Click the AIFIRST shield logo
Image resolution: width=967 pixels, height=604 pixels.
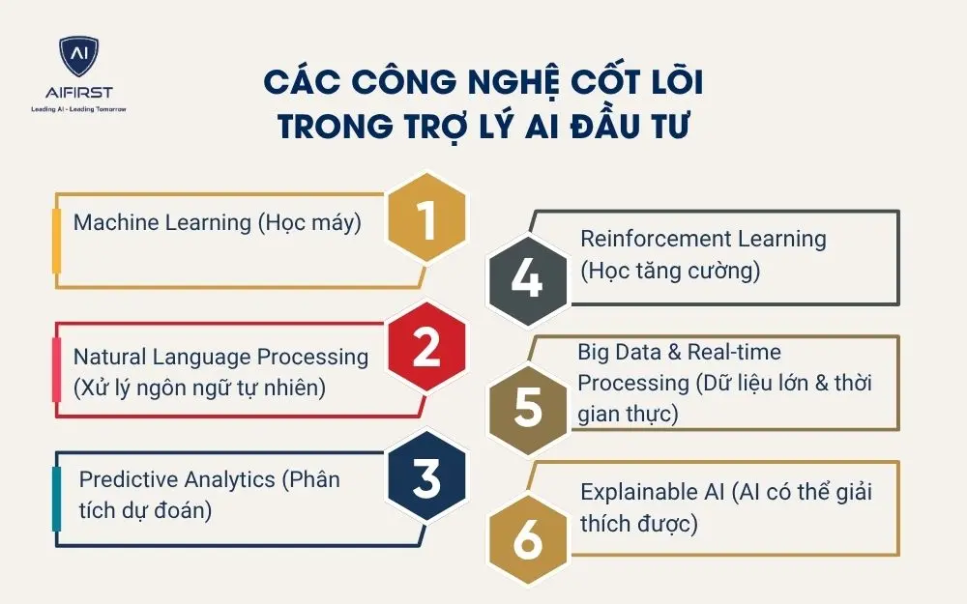pos(78,59)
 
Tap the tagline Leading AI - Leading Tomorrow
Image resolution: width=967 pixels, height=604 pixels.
pos(78,110)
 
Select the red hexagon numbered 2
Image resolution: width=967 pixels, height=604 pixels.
pos(425,348)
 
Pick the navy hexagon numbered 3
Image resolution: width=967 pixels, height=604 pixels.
pos(425,478)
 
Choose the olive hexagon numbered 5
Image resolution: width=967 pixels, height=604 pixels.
pos(527,406)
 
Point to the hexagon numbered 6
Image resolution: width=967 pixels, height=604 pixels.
pos(527,539)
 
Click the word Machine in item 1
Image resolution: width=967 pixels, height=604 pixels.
pos(115,222)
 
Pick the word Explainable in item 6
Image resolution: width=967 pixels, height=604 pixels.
pos(638,492)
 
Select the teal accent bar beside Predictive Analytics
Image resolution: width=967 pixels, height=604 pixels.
pos(56,499)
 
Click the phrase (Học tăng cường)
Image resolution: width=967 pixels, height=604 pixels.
pos(670,271)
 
